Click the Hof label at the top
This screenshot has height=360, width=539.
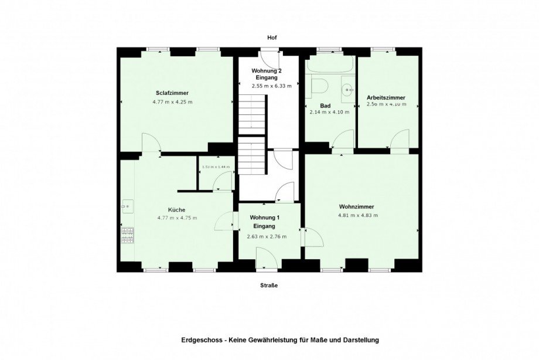click(x=271, y=38)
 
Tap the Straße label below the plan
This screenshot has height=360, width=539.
click(x=269, y=286)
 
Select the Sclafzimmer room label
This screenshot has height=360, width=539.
click(x=172, y=93)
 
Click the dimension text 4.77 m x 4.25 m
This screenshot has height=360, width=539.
click(x=172, y=102)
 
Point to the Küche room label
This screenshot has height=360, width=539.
click(x=177, y=209)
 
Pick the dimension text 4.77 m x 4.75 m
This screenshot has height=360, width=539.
click(x=177, y=218)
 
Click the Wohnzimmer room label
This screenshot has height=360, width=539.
click(x=356, y=206)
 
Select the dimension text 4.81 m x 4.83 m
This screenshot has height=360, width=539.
click(x=357, y=215)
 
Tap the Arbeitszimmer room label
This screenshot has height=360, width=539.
click(x=386, y=97)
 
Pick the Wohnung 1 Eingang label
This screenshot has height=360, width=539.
click(x=266, y=222)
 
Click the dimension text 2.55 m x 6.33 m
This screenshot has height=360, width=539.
click(x=271, y=86)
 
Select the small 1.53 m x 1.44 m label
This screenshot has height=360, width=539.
click(x=215, y=167)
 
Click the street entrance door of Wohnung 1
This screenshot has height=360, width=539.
click(x=267, y=258)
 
